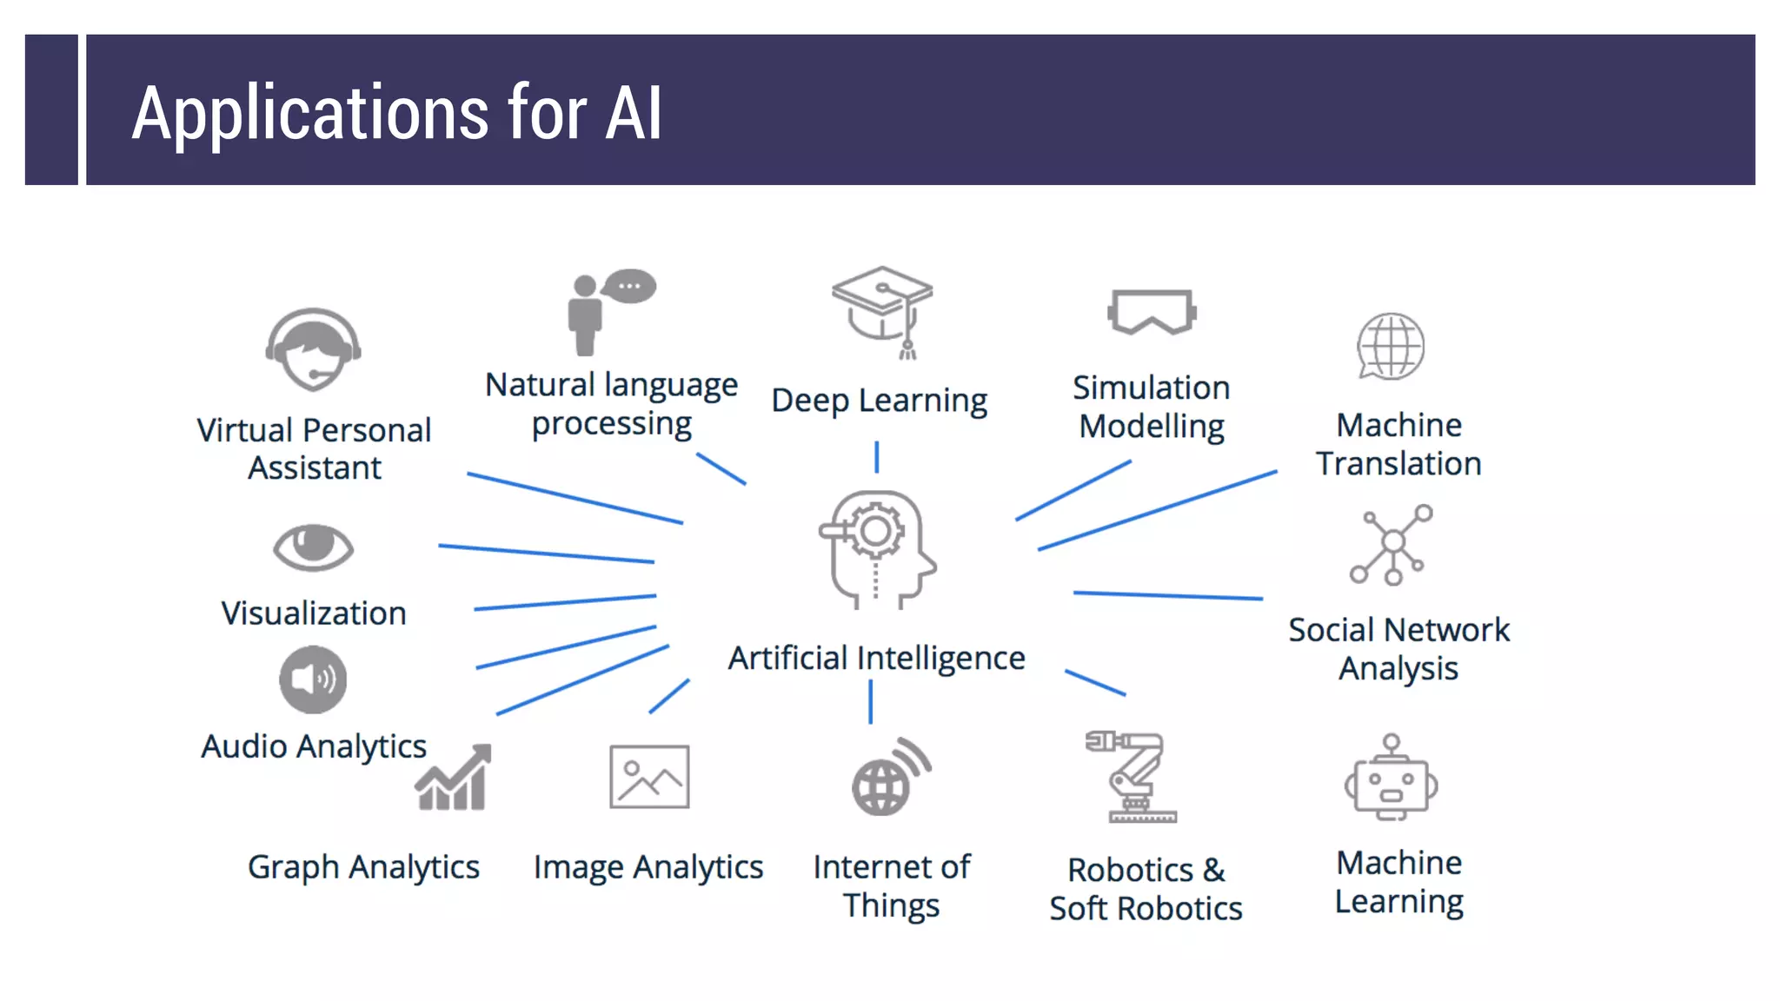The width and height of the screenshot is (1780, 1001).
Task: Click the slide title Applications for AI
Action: click(x=396, y=112)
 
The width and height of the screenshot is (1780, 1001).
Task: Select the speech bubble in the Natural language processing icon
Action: click(x=630, y=286)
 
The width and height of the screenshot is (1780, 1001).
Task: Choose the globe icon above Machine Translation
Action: click(x=1391, y=346)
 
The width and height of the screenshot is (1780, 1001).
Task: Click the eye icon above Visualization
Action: click(x=313, y=547)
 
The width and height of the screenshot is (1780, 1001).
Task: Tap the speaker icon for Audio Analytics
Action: click(x=313, y=679)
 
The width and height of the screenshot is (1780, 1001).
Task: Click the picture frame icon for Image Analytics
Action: click(x=649, y=777)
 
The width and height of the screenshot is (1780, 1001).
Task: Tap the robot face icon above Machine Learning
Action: click(x=1391, y=779)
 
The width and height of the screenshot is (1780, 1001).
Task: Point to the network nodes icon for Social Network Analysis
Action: click(x=1391, y=545)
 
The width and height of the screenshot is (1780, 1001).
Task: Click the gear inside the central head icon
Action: click(x=875, y=530)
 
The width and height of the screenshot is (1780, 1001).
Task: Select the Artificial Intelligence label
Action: click(x=876, y=658)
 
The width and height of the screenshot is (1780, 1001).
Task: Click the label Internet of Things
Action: click(x=892, y=885)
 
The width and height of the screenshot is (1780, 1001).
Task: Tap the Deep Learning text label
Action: click(x=879, y=401)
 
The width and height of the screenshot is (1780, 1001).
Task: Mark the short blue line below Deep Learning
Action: click(x=876, y=457)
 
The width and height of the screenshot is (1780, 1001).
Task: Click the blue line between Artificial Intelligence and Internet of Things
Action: click(x=870, y=701)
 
